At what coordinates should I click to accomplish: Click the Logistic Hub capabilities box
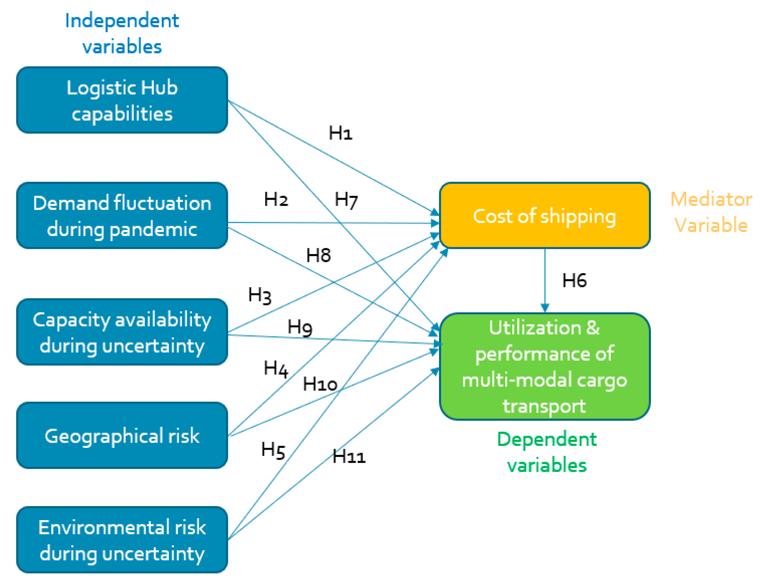click(122, 100)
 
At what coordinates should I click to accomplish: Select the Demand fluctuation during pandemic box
click(122, 216)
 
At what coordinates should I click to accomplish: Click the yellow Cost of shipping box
click(544, 216)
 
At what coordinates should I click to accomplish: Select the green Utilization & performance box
click(544, 367)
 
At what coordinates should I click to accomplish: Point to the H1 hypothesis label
click(340, 133)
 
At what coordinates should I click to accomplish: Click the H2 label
click(276, 199)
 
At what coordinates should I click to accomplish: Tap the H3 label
click(260, 295)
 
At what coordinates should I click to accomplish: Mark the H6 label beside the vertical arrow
click(574, 280)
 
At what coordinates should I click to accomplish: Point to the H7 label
click(346, 200)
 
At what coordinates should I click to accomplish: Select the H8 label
click(318, 255)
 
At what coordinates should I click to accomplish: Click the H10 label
click(320, 384)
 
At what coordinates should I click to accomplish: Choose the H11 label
click(348, 456)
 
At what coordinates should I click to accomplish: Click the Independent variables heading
click(122, 33)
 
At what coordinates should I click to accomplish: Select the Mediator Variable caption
click(710, 212)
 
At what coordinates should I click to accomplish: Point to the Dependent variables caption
click(546, 452)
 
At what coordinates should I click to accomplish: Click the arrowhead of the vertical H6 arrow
click(545, 308)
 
